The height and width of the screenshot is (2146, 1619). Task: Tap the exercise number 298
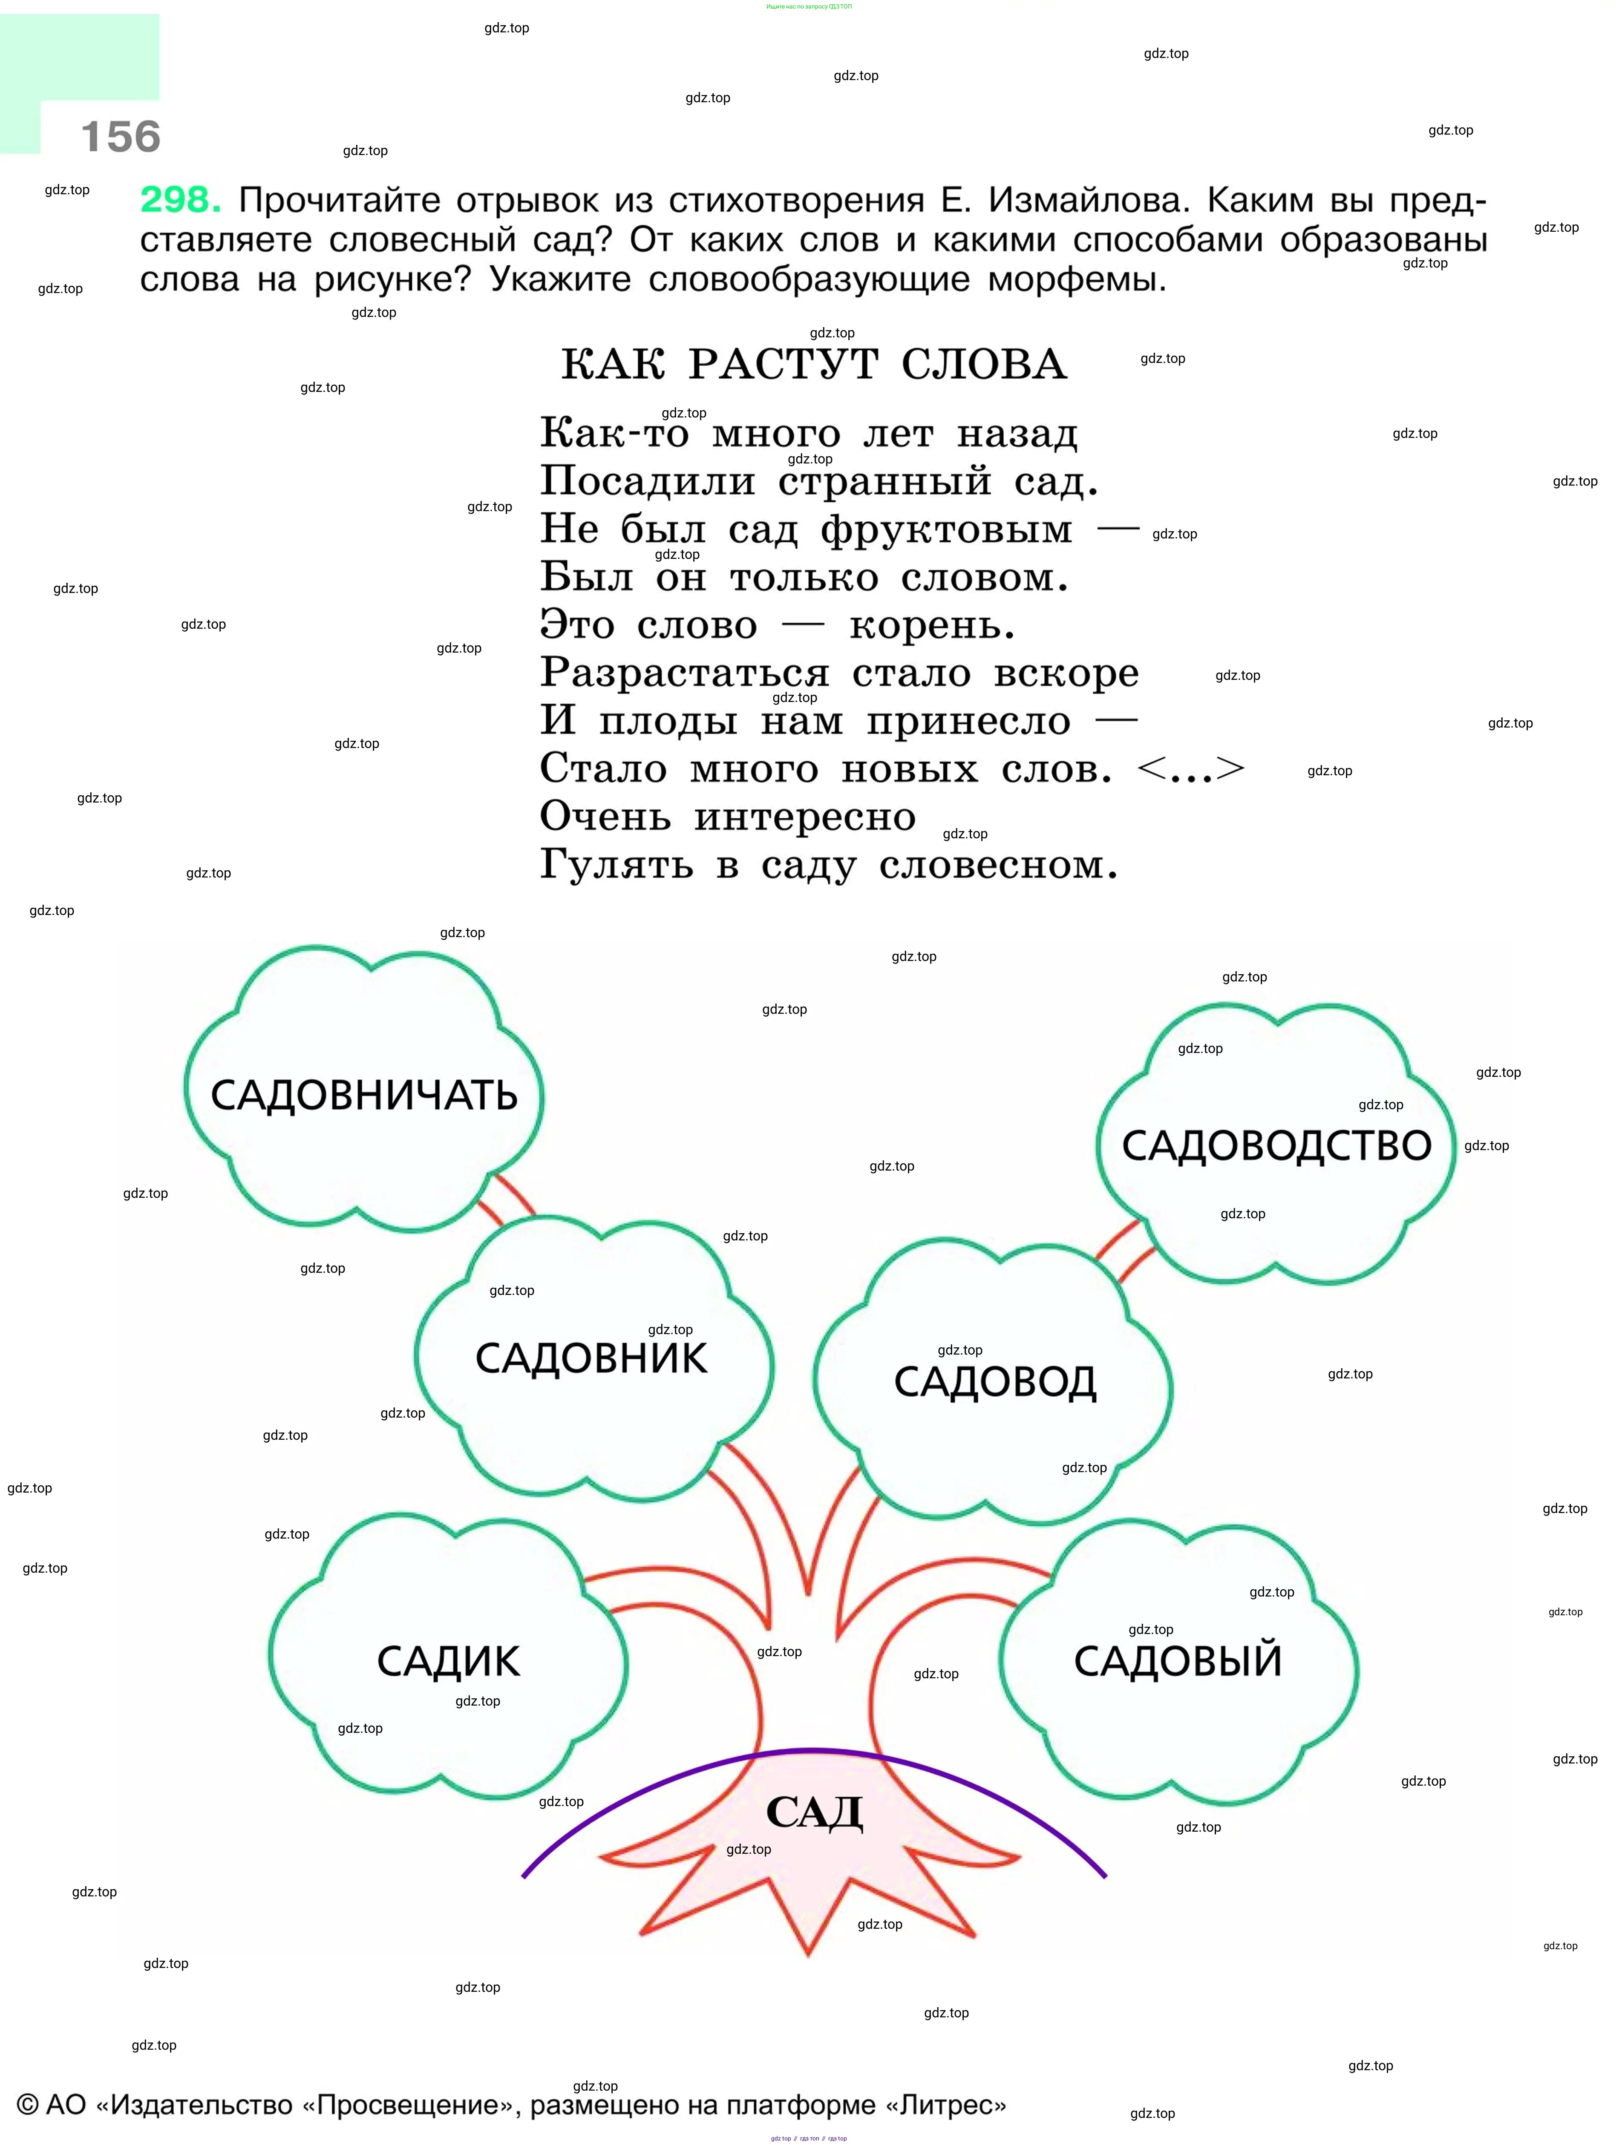[x=181, y=200]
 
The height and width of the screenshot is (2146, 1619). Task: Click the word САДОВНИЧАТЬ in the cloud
[x=364, y=1095]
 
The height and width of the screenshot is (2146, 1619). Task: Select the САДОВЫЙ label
[x=1177, y=1661]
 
